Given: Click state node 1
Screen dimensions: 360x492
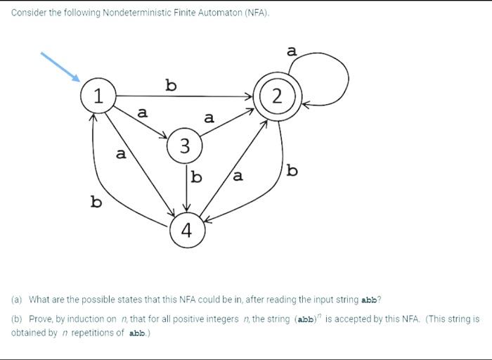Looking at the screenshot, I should point(99,96).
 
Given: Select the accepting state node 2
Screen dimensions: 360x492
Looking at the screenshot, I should point(278,96).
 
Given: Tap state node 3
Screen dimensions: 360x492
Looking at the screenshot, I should point(185,146).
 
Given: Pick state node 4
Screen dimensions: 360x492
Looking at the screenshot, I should point(187,231).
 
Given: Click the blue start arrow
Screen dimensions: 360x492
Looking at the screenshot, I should point(60,67).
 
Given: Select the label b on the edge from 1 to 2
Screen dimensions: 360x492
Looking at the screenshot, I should point(171,85).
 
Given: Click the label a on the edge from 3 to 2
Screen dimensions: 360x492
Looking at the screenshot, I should point(209,117).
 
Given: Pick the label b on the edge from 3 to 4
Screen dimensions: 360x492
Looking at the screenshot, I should point(197,176).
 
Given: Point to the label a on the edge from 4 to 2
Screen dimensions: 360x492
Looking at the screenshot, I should point(238,176).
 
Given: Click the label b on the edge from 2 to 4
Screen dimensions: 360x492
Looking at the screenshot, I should point(292,170).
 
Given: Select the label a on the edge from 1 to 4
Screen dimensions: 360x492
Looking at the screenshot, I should point(121,153).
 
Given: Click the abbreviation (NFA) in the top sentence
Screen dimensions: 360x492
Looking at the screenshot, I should point(256,13).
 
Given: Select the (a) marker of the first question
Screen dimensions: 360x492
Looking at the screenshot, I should point(17,299).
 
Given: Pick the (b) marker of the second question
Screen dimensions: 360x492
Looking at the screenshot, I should point(17,319).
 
